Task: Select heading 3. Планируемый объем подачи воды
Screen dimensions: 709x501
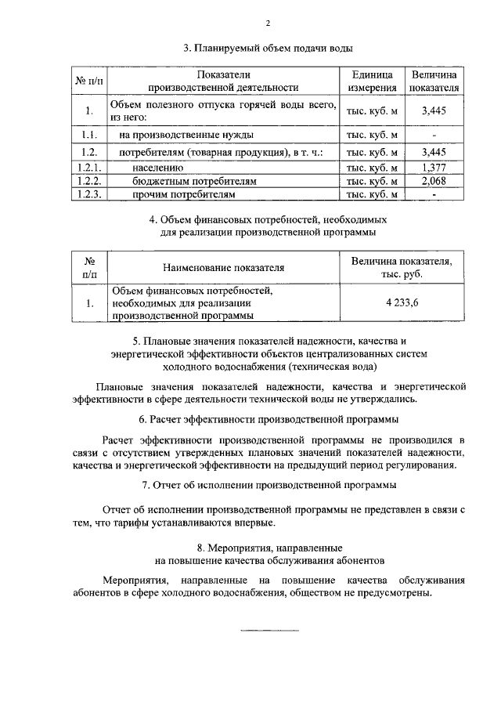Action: pyautogui.click(x=268, y=49)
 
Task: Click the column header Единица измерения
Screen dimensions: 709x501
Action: pyautogui.click(x=372, y=80)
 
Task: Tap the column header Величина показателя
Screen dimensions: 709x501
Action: pyautogui.click(x=433, y=80)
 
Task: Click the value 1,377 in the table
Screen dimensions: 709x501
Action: pyautogui.click(x=433, y=167)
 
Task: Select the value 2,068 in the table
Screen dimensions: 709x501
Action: pyautogui.click(x=433, y=180)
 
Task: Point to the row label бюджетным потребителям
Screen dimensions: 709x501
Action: pyautogui.click(x=184, y=180)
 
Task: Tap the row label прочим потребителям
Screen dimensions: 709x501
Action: pyautogui.click(x=182, y=194)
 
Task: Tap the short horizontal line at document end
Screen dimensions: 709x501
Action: pyautogui.click(x=268, y=629)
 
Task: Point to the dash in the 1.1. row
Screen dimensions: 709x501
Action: pyautogui.click(x=433, y=135)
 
